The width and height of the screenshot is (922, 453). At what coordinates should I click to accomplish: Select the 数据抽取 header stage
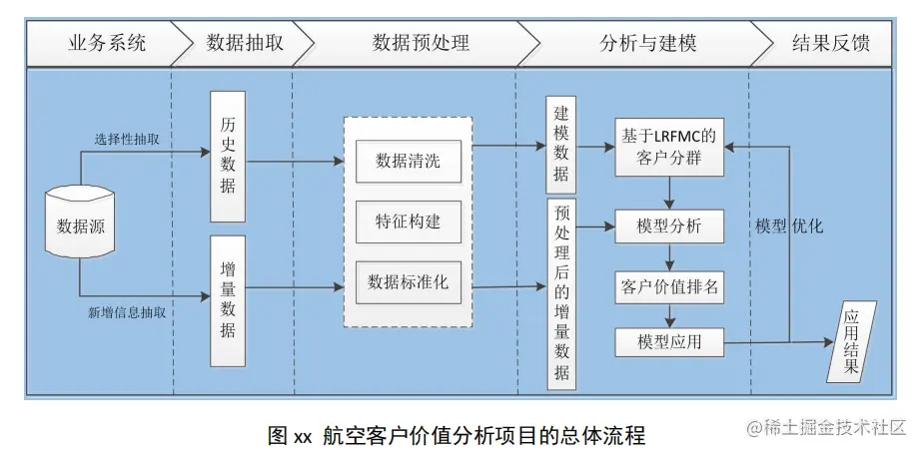(244, 43)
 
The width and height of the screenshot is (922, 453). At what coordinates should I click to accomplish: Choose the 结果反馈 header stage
(829, 43)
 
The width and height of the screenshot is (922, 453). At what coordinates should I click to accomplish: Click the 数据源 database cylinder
(80, 222)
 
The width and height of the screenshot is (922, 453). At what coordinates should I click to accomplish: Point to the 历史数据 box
(228, 157)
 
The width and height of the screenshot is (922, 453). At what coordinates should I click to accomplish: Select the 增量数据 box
(228, 301)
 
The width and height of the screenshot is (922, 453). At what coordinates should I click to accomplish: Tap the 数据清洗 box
(409, 161)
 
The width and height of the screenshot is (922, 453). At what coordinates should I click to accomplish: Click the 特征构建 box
(409, 222)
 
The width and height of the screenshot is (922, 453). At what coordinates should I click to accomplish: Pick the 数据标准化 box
(409, 282)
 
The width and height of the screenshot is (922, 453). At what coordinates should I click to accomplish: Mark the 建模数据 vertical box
(561, 145)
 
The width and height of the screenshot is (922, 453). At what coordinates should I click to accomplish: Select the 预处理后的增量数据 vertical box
(561, 294)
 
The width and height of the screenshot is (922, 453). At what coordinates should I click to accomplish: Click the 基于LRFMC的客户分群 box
(669, 147)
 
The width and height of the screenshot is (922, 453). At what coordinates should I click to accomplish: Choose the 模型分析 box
(669, 226)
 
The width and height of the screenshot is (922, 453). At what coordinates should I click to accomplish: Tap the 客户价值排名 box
(669, 287)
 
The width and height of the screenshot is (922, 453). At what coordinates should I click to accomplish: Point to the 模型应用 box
(669, 342)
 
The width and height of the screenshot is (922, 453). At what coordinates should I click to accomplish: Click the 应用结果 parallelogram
(851, 342)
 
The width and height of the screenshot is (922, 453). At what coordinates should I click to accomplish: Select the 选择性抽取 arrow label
(127, 140)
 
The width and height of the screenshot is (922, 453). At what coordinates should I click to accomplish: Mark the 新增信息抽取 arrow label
(127, 313)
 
